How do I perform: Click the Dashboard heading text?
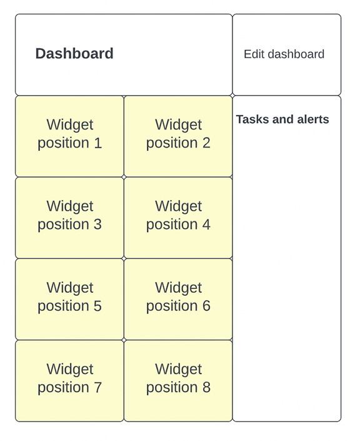click(74, 54)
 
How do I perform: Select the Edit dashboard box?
click(287, 55)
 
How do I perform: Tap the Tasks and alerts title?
click(282, 119)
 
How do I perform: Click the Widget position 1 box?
click(69, 136)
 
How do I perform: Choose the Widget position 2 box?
click(178, 136)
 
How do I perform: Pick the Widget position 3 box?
click(69, 217)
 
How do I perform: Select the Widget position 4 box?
click(178, 217)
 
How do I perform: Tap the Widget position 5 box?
click(69, 299)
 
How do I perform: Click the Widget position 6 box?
click(178, 299)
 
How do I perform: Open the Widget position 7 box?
click(69, 380)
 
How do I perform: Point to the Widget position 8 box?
click(178, 380)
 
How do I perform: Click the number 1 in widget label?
click(97, 143)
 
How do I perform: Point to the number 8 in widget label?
click(206, 388)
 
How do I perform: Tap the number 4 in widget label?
click(206, 225)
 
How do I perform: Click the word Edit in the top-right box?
click(254, 54)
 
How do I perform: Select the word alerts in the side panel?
click(312, 119)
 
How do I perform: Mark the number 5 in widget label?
click(97, 307)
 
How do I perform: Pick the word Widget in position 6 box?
click(178, 288)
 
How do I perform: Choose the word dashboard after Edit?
click(296, 54)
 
